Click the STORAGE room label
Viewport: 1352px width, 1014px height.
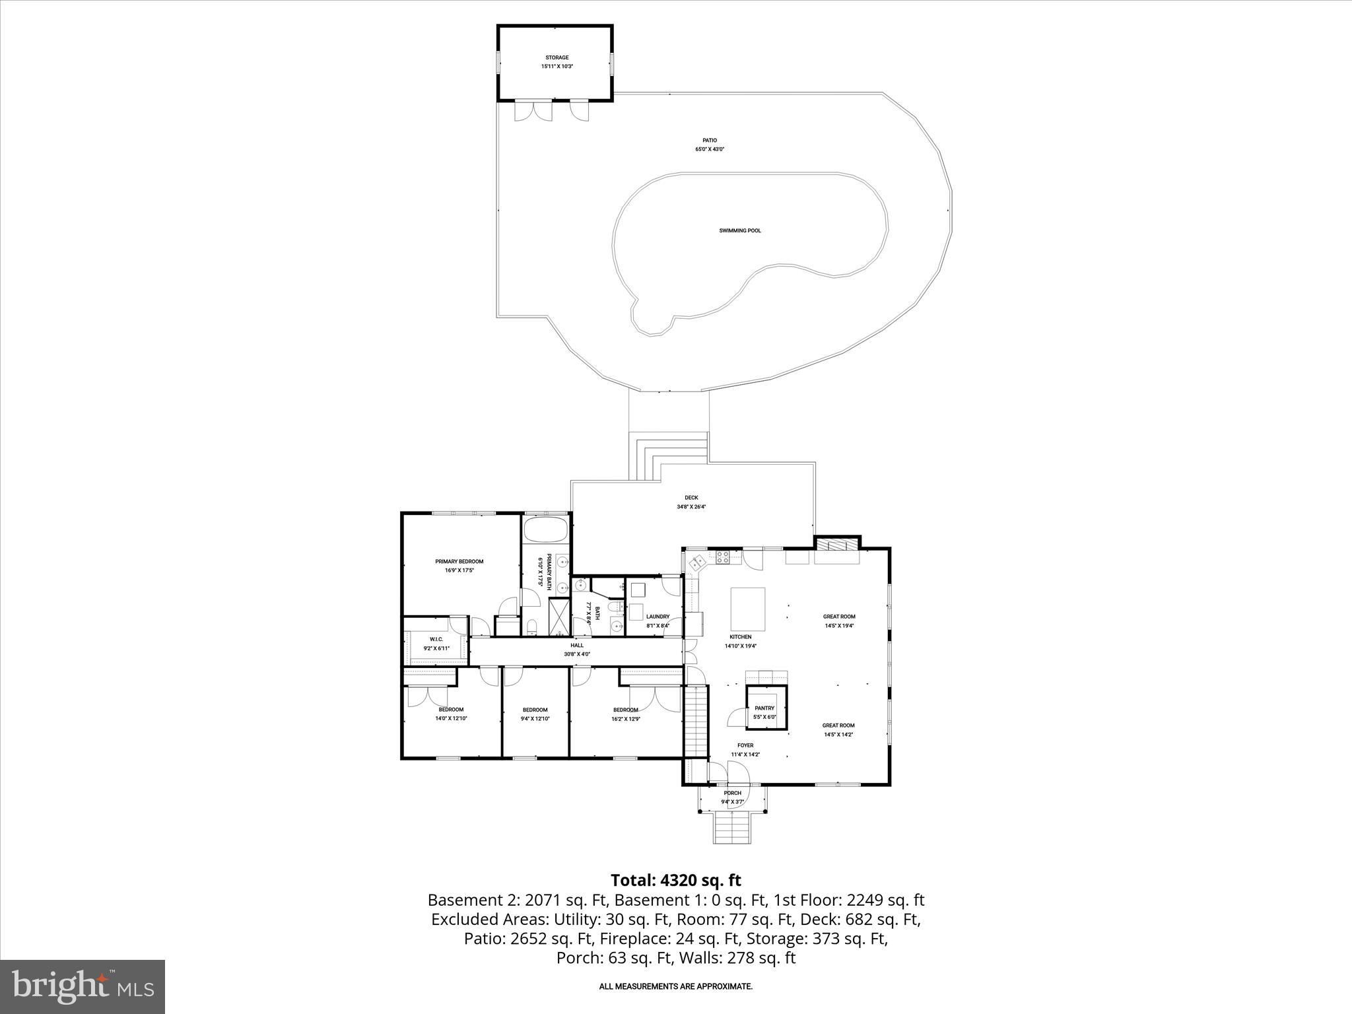pos(557,57)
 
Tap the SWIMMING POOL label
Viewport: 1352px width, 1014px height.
pos(740,230)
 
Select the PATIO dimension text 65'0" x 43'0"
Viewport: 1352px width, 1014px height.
pos(709,149)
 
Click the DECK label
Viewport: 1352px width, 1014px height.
pos(691,498)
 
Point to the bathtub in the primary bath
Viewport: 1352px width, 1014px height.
pos(545,529)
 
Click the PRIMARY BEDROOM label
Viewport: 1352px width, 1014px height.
pos(459,561)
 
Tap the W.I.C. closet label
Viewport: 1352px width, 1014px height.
pos(436,639)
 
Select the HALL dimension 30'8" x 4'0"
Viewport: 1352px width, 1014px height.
pos(577,654)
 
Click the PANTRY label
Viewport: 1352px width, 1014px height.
pos(764,708)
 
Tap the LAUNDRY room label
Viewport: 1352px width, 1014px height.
pos(658,617)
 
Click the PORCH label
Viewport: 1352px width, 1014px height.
pos(732,793)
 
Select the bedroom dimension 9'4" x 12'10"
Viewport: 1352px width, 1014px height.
pos(535,719)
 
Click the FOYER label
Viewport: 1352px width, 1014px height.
pos(745,745)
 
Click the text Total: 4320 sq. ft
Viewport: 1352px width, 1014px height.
pos(675,880)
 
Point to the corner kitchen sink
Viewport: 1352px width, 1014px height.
pos(697,563)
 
